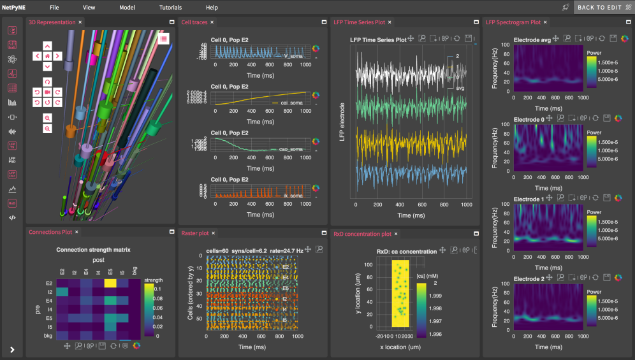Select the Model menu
coord(127,8)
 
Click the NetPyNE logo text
coord(14,8)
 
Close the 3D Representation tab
coord(80,22)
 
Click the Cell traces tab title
coord(194,22)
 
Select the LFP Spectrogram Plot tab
coord(513,22)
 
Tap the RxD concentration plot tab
coord(362,234)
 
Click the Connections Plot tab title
coord(50,232)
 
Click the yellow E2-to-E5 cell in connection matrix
coord(110,284)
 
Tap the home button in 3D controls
coord(47,56)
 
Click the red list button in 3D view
coord(164,39)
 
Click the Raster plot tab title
coord(195,234)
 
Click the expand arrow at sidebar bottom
coord(12,349)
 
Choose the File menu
coord(54,8)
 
